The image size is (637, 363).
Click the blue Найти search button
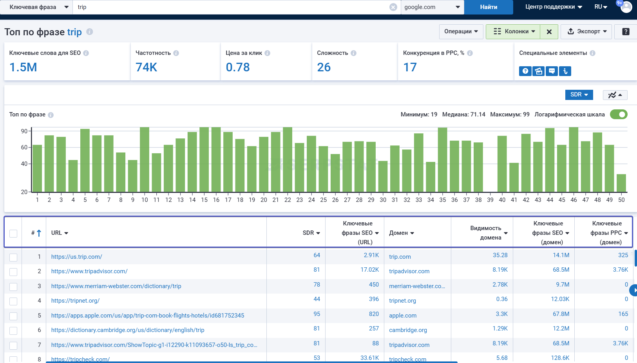click(x=489, y=7)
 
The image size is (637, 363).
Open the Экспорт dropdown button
click(x=587, y=32)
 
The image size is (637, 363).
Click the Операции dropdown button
click(x=461, y=32)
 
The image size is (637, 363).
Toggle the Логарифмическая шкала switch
click(x=619, y=114)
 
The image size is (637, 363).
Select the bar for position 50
click(x=621, y=183)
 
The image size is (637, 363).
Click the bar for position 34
click(x=431, y=177)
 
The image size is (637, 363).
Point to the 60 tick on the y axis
click(x=24, y=147)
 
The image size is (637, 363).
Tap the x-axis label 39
click(x=490, y=200)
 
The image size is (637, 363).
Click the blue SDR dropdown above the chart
click(x=579, y=95)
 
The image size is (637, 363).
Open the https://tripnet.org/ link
click(x=75, y=300)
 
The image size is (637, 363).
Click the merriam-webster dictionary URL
click(x=116, y=286)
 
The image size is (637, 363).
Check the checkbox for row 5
click(x=13, y=316)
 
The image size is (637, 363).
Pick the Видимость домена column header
click(x=485, y=233)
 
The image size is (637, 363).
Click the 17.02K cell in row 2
click(x=369, y=270)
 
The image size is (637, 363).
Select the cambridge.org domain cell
click(x=408, y=330)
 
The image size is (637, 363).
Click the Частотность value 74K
click(x=146, y=67)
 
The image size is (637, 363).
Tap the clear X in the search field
click(x=393, y=7)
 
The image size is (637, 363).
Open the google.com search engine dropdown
click(x=432, y=7)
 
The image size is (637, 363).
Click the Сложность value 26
click(x=324, y=67)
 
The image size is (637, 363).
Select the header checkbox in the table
click(x=13, y=234)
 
